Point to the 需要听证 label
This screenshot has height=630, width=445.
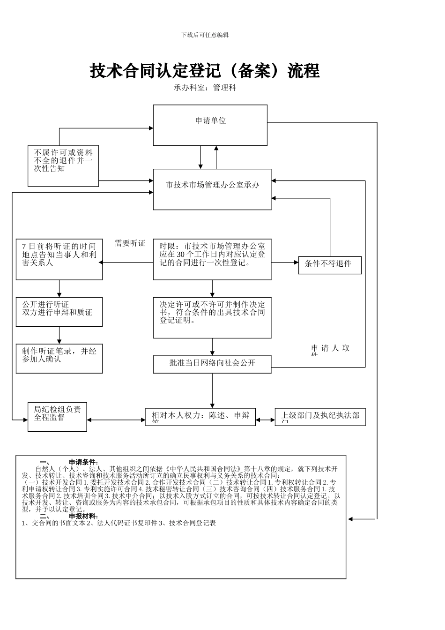pyautogui.click(x=130, y=243)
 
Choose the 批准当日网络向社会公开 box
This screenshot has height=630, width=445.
pyautogui.click(x=212, y=364)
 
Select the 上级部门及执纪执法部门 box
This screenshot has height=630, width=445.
pyautogui.click(x=320, y=416)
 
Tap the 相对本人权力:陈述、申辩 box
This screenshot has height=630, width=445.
pyautogui.click(x=200, y=416)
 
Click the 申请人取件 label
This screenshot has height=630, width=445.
pyautogui.click(x=330, y=349)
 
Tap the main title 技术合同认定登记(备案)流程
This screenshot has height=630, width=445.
pyautogui.click(x=205, y=71)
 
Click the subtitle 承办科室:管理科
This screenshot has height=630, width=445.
pyautogui.click(x=205, y=88)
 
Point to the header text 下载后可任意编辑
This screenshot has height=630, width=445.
pyautogui.click(x=205, y=35)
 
